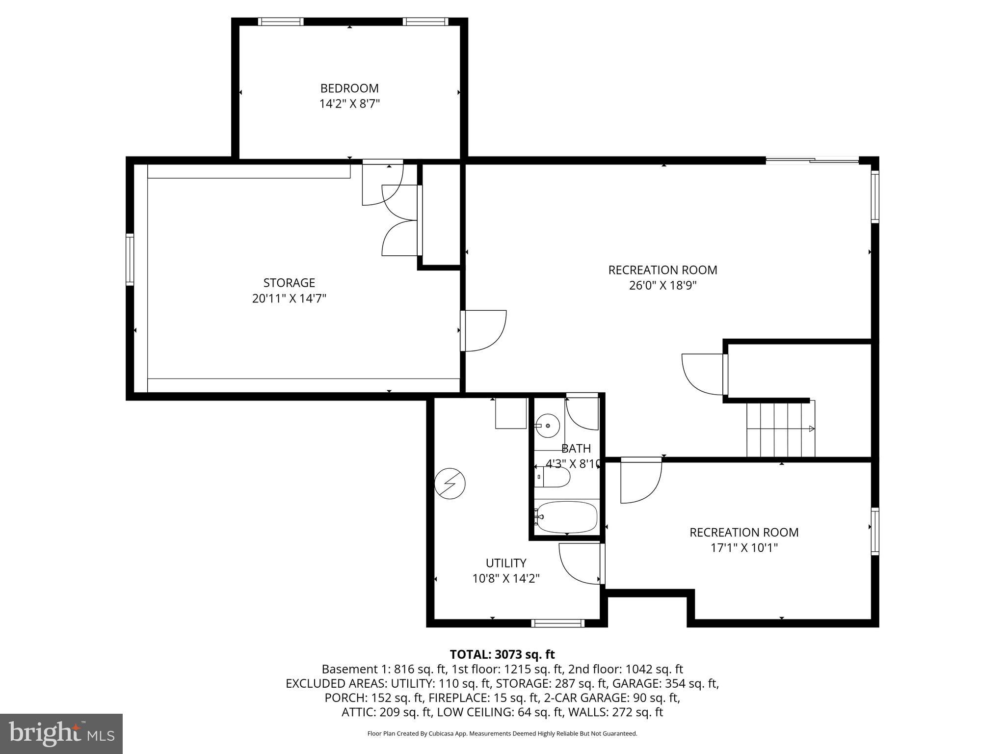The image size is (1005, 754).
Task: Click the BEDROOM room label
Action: point(349,88)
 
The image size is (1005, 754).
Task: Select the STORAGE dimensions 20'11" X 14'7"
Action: point(289,298)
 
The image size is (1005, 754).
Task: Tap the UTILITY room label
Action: point(506,563)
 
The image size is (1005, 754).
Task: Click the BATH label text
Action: point(576,448)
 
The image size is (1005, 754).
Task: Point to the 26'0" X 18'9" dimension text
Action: point(662,285)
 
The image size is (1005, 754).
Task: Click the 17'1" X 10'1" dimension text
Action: point(744,548)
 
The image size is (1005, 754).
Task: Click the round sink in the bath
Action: point(547,426)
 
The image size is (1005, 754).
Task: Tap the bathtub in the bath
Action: point(567,516)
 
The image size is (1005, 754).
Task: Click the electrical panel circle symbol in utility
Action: point(450,484)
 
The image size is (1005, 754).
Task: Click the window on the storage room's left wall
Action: point(130,259)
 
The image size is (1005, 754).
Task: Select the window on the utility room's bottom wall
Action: point(558,623)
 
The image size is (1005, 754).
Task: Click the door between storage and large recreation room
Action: point(483,330)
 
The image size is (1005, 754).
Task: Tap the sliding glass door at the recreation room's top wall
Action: point(812,160)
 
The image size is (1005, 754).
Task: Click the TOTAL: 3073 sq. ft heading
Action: point(502,654)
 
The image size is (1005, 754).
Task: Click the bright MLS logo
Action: point(61,733)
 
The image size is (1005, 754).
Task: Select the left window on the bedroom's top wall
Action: point(281,22)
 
